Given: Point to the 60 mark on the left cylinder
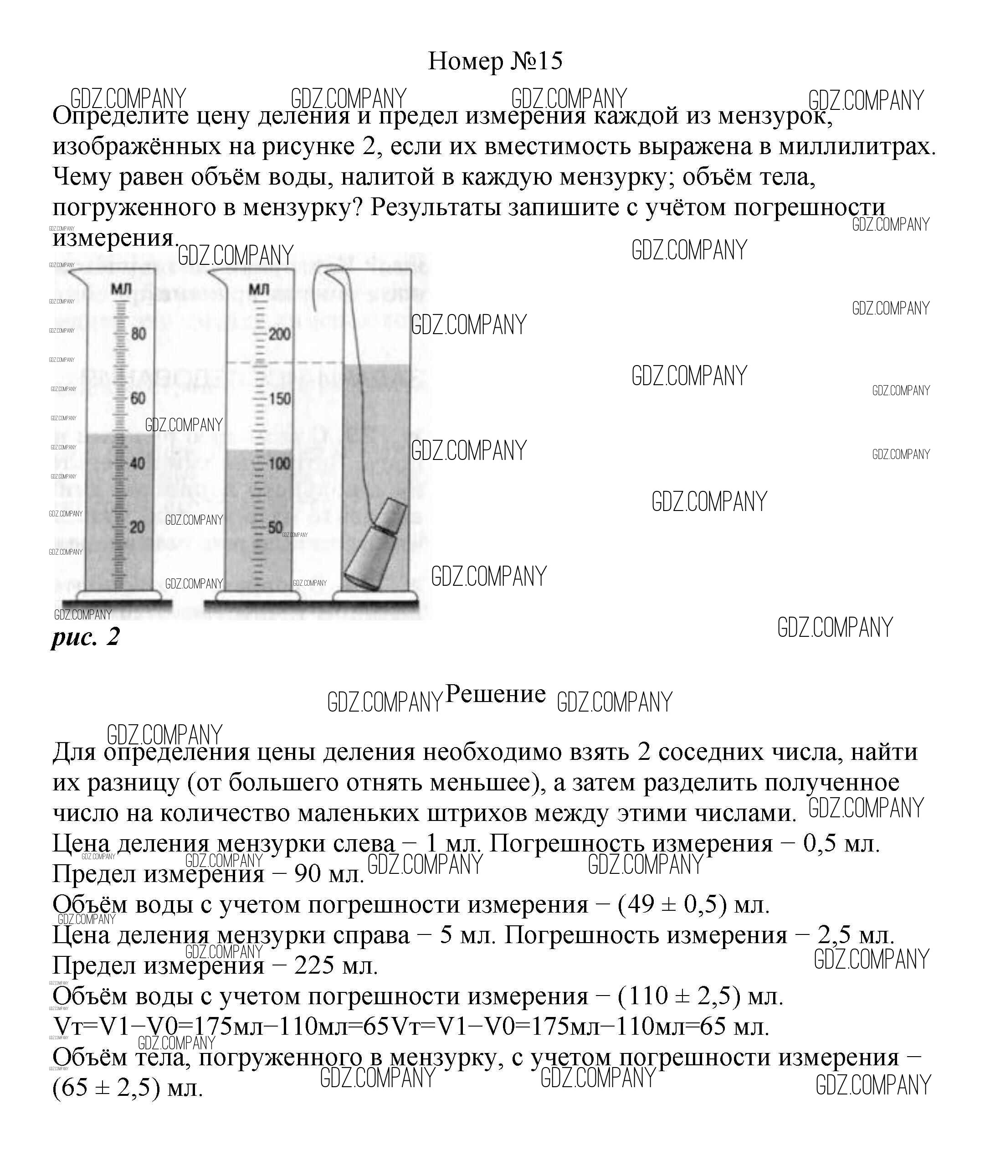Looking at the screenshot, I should [x=138, y=398].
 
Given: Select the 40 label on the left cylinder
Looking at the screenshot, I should [x=138, y=463].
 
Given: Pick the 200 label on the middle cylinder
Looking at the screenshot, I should [x=279, y=335].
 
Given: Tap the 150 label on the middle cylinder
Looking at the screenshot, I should [x=279, y=399].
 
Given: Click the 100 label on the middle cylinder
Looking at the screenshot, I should [x=279, y=464].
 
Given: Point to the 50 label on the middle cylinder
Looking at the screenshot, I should [x=276, y=528].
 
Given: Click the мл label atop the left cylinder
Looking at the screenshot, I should [x=121, y=289].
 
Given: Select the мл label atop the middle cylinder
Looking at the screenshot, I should [x=259, y=290].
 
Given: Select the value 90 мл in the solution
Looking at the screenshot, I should [x=329, y=874].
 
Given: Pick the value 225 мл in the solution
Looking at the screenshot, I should [x=336, y=965].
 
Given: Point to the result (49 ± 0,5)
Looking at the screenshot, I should [x=672, y=904].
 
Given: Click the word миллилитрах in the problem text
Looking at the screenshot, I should [x=857, y=147].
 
